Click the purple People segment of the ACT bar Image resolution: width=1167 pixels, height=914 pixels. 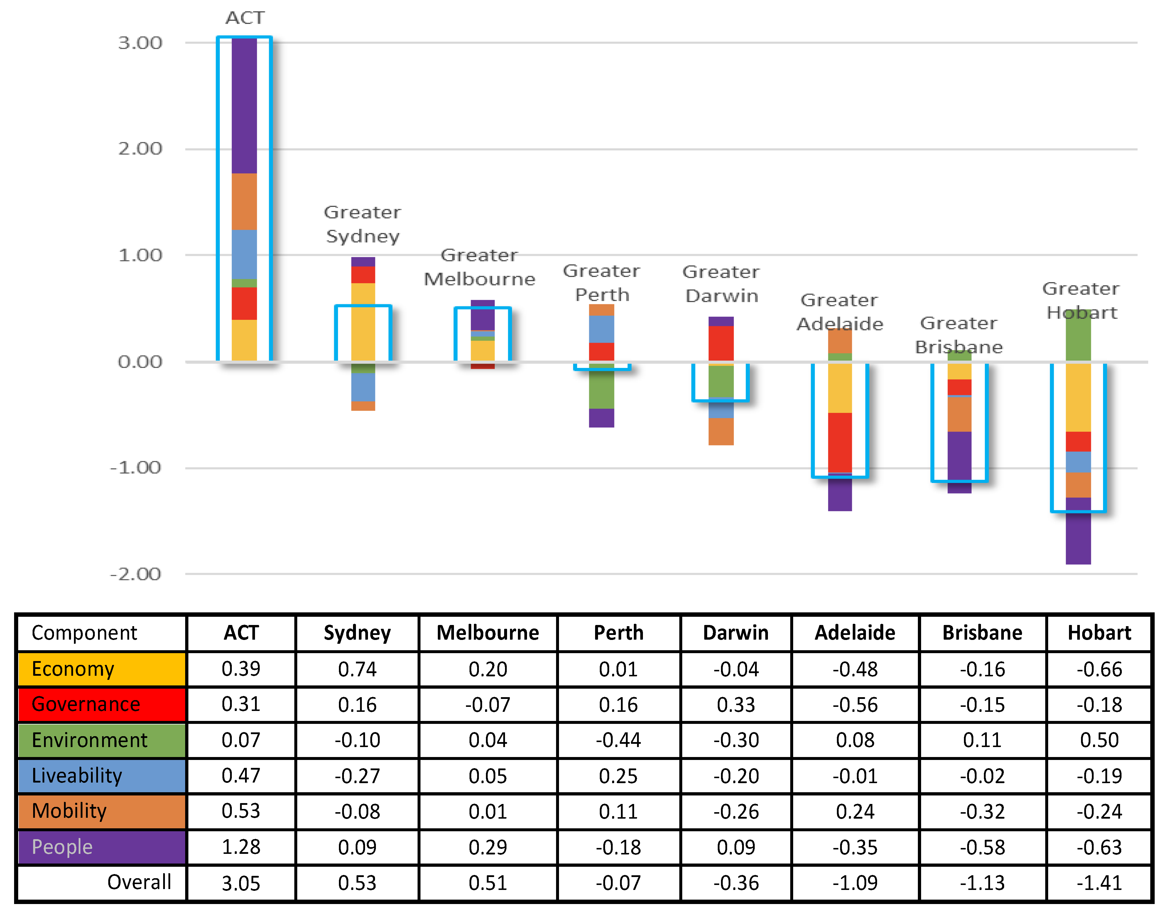pyautogui.click(x=244, y=106)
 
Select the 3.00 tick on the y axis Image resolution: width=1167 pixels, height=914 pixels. pyautogui.click(x=140, y=43)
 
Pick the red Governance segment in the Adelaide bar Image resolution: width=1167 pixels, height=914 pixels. pyautogui.click(x=840, y=442)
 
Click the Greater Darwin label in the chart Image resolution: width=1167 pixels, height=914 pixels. pyautogui.click(x=721, y=284)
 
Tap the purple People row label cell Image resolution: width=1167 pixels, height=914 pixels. pyautogui.click(x=102, y=847)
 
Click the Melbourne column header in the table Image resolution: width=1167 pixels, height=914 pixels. pyautogui.click(x=487, y=633)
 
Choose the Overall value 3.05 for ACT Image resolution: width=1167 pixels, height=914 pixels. pyautogui.click(x=241, y=883)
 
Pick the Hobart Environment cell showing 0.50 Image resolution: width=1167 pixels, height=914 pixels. pyautogui.click(x=1099, y=740)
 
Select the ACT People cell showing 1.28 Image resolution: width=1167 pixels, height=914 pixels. pyautogui.click(x=241, y=847)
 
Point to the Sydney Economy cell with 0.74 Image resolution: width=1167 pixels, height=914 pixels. pyautogui.click(x=357, y=669)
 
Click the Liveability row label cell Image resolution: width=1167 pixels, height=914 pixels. pyautogui.click(x=102, y=776)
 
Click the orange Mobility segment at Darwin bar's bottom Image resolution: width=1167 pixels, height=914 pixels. pyautogui.click(x=721, y=431)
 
